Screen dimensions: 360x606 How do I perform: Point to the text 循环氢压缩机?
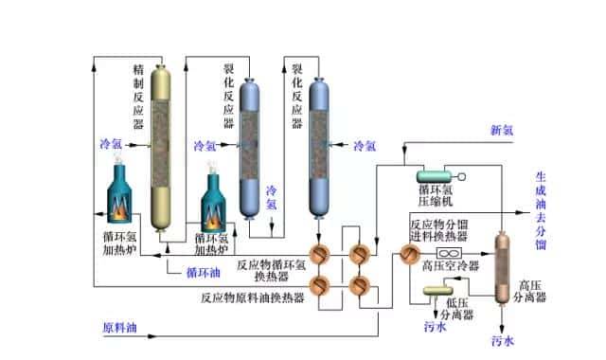pos(438,204)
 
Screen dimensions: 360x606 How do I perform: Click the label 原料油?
pos(119,329)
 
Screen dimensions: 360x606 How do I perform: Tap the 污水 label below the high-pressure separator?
pos(503,339)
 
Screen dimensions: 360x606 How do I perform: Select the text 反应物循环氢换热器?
pos(276,266)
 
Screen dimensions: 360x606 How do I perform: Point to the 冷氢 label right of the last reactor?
pos(365,146)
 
